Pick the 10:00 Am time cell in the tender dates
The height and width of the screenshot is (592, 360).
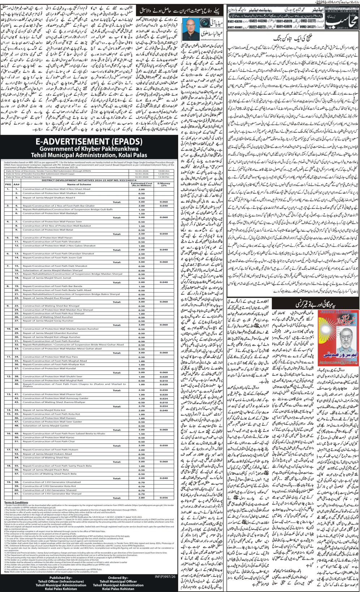pyautogui.click(x=163, y=171)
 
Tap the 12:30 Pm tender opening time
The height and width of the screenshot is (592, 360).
pyautogui.click(x=163, y=177)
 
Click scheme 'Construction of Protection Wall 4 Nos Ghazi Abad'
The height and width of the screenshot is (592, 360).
pyautogui.click(x=56, y=189)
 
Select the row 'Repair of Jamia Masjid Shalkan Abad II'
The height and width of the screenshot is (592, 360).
pyautogui.click(x=49, y=198)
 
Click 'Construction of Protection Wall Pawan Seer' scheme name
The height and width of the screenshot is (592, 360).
pyautogui.click(x=52, y=222)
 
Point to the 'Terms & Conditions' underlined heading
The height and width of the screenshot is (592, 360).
pyautogui.click(x=16, y=502)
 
